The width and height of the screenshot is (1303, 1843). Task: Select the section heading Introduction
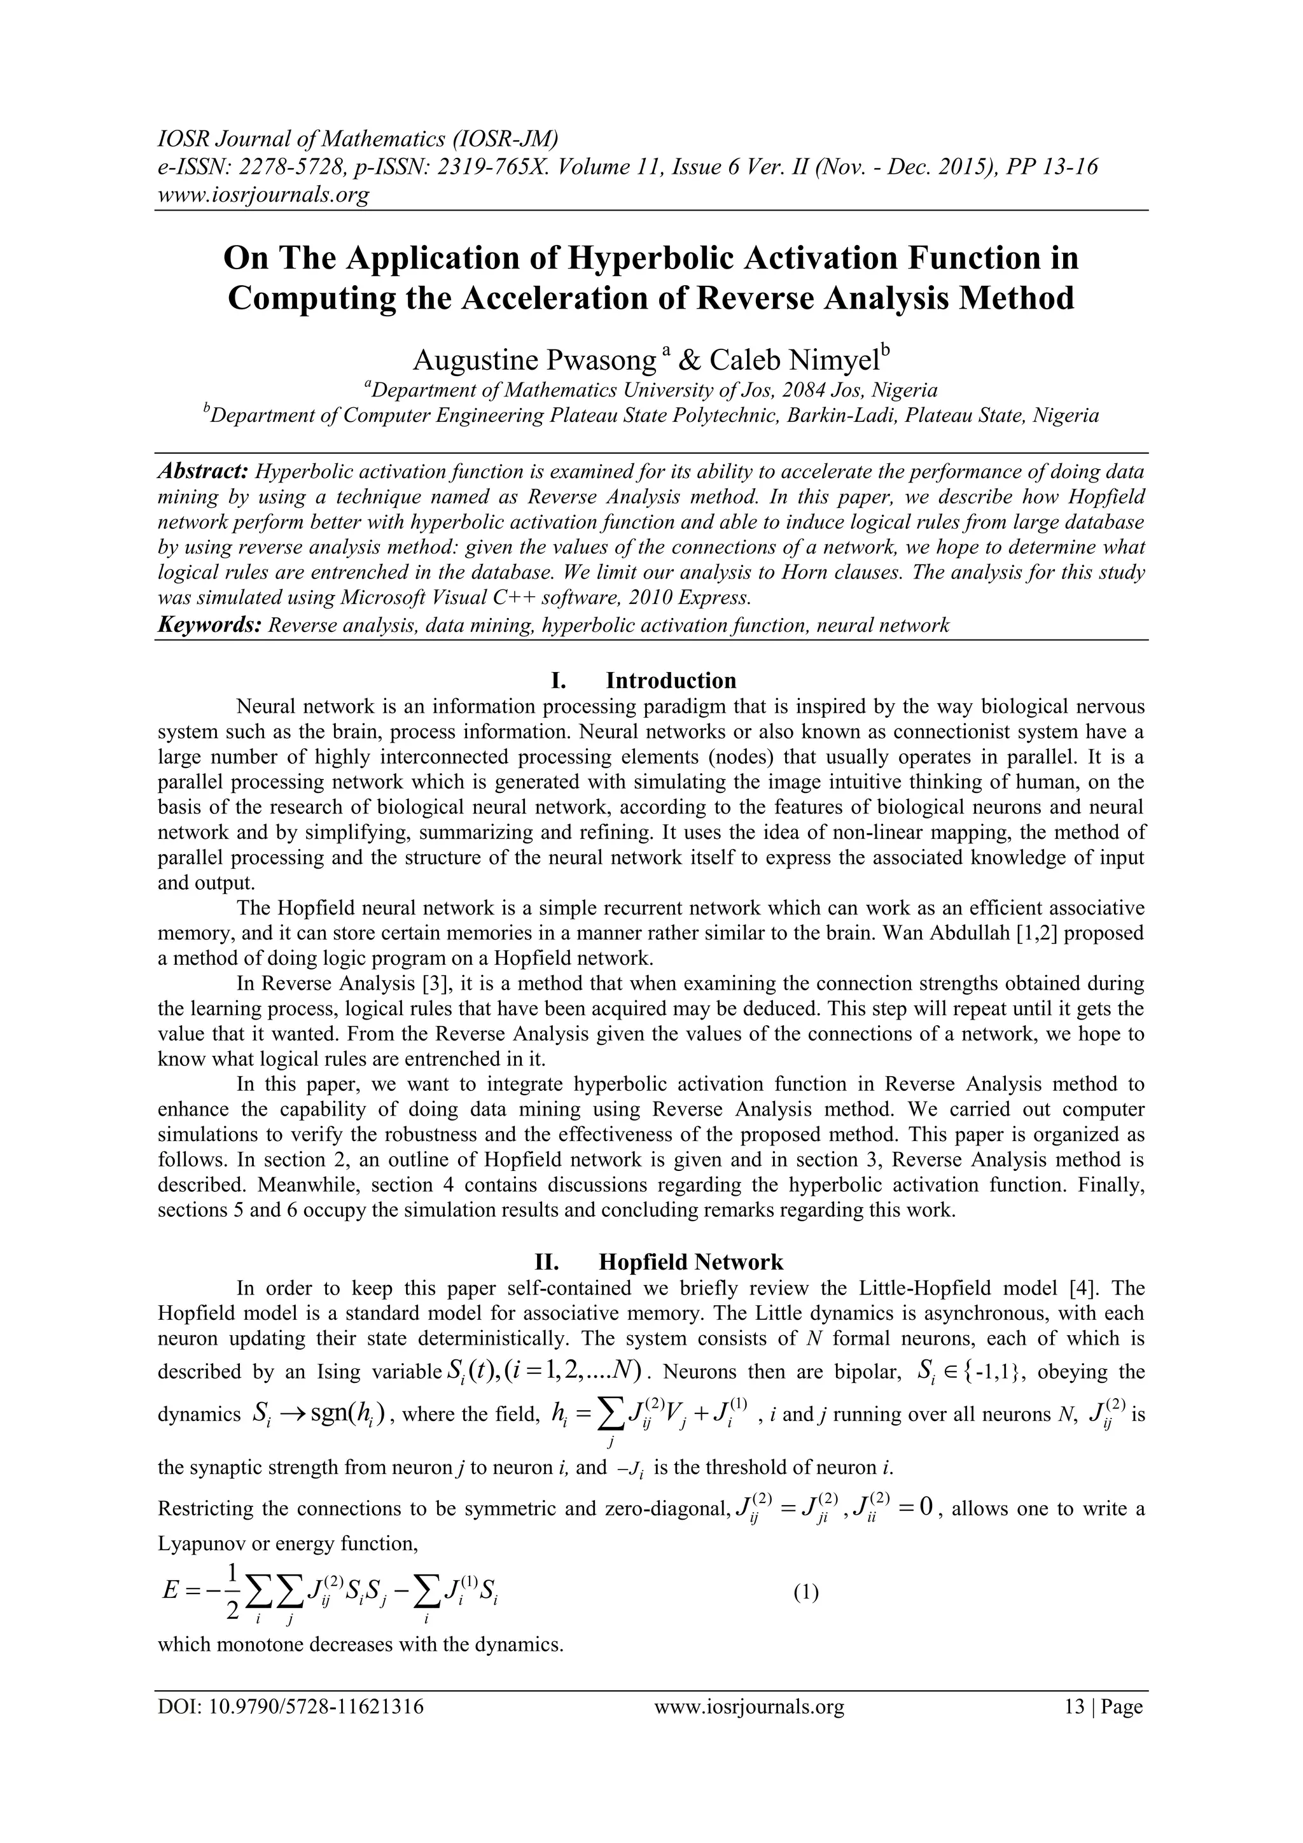point(671,681)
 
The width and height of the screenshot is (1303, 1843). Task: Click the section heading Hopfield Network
point(691,1262)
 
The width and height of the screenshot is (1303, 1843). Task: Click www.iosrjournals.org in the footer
point(749,1707)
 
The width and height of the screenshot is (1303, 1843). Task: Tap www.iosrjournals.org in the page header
point(263,194)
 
